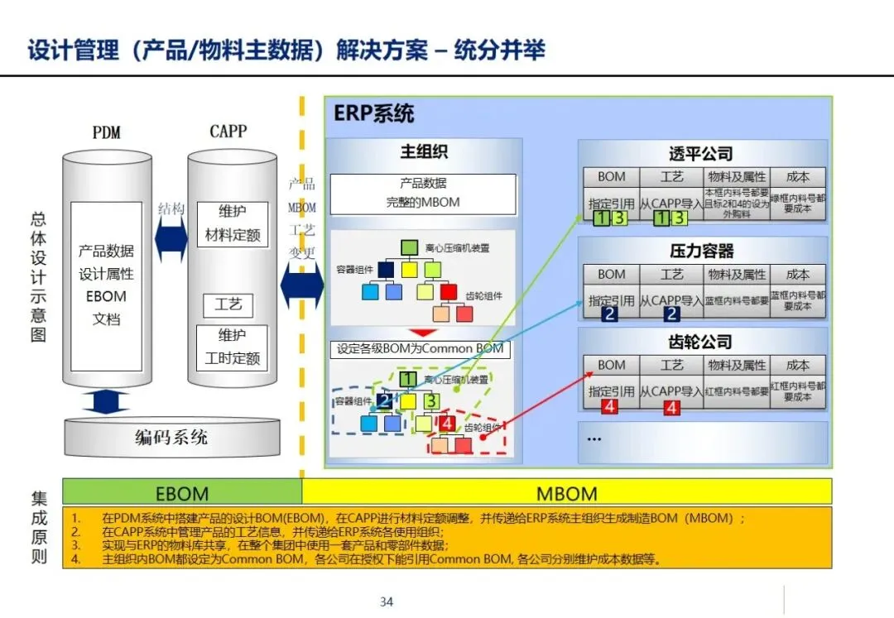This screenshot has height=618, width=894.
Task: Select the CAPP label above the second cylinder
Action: click(228, 132)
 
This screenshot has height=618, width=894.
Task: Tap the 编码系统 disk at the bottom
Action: click(171, 437)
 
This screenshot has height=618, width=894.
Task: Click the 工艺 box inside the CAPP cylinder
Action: click(228, 304)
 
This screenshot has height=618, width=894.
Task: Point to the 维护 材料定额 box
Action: click(233, 223)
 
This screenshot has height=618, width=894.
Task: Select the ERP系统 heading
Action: click(373, 113)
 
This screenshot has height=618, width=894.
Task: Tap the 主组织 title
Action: click(424, 152)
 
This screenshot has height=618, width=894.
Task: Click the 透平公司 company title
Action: click(701, 154)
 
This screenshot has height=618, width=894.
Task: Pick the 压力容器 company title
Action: click(701, 251)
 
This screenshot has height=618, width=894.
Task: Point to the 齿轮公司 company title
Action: click(701, 342)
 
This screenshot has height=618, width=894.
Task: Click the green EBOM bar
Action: click(182, 493)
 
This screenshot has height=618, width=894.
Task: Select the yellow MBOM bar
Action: click(566, 493)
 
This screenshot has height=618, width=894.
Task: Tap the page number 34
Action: click(387, 601)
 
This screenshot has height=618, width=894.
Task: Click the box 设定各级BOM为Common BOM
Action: click(420, 348)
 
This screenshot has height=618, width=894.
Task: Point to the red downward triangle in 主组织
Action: click(422, 333)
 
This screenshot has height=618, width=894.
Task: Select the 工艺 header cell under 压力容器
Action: click(671, 274)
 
